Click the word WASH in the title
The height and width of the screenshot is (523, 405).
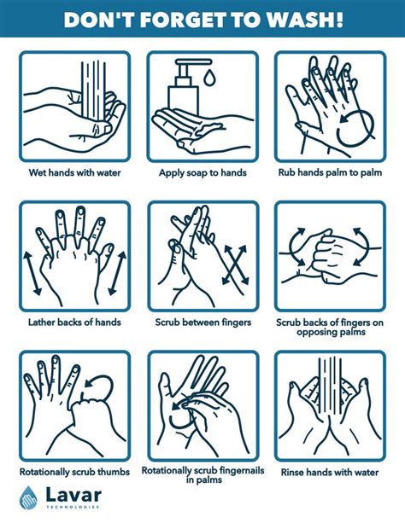[x=307, y=19]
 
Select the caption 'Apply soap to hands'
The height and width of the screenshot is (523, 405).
[x=202, y=172]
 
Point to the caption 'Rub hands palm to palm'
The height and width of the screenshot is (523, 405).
[x=330, y=172]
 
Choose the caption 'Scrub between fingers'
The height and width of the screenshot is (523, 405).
[x=202, y=322]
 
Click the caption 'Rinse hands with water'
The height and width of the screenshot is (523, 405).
[x=330, y=472]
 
